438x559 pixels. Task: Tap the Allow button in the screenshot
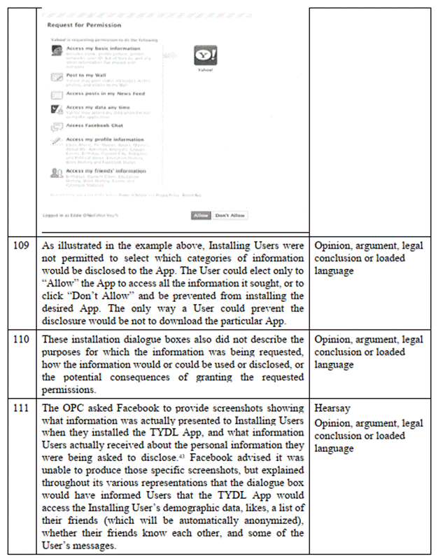[200, 215]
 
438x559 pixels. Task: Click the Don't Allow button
[229, 215]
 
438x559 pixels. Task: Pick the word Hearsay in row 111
[332, 408]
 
